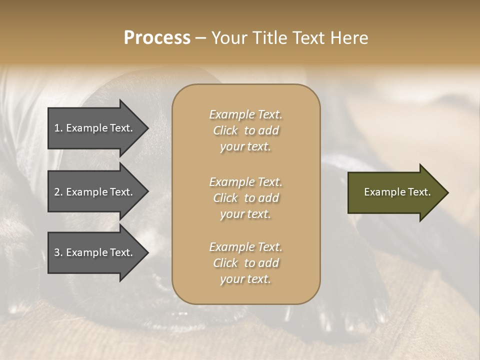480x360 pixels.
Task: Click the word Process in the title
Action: click(x=157, y=38)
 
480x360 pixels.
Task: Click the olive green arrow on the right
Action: click(x=395, y=192)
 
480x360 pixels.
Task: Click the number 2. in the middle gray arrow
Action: click(x=58, y=192)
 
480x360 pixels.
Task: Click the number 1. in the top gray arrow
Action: click(x=58, y=128)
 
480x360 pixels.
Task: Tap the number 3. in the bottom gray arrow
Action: click(x=58, y=252)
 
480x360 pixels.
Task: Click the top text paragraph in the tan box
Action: click(x=245, y=130)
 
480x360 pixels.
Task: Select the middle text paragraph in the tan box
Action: click(x=245, y=198)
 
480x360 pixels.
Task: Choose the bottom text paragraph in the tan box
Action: click(x=245, y=263)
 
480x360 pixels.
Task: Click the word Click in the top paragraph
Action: click(x=225, y=130)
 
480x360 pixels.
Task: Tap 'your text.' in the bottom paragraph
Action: click(x=245, y=279)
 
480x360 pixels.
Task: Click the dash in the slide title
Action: click(x=200, y=38)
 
